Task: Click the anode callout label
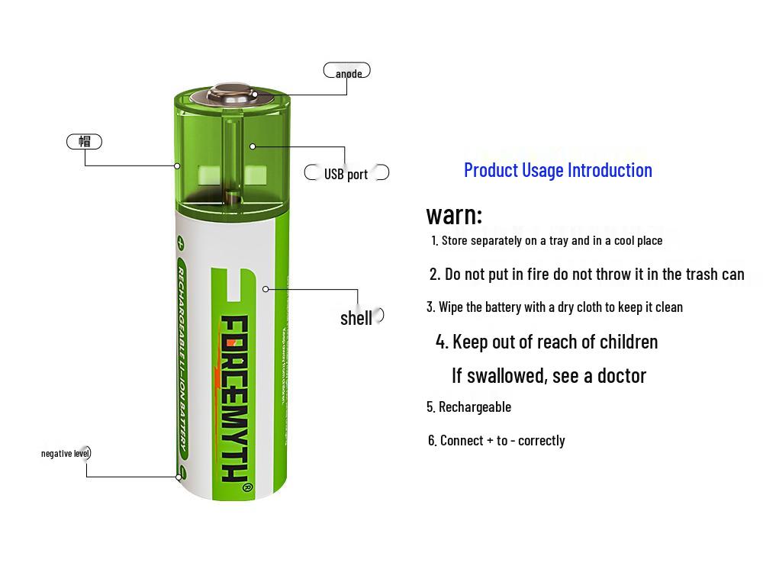point(348,73)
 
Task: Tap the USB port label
point(346,174)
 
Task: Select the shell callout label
point(356,318)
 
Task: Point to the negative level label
point(66,453)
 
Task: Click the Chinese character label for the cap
point(84,141)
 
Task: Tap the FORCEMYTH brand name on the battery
point(233,397)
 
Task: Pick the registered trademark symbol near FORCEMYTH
point(246,487)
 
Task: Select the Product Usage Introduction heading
point(558,169)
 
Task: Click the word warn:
point(454,214)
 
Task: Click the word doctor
point(621,375)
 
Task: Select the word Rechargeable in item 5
point(475,407)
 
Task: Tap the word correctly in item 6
point(541,440)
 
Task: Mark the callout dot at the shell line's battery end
point(266,289)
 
